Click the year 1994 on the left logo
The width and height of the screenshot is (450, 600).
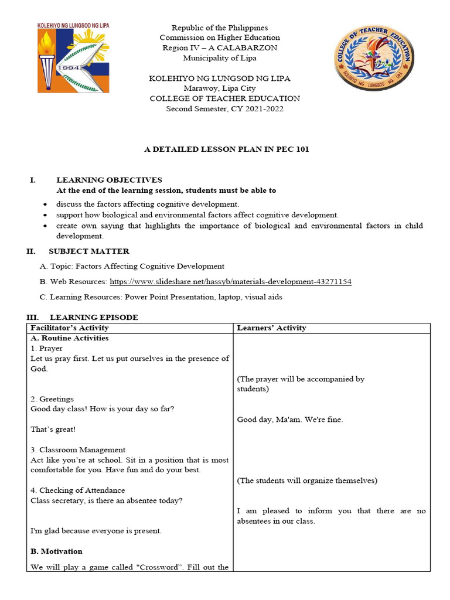(x=54, y=67)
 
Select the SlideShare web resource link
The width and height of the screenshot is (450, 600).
(x=231, y=282)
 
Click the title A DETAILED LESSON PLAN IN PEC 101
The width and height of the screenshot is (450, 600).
(x=227, y=149)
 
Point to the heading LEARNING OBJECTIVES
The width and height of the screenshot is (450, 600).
(x=109, y=180)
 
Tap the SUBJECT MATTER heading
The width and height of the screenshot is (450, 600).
(x=89, y=251)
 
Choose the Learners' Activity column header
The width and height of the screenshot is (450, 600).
(x=271, y=328)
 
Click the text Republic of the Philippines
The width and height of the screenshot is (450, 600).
(x=220, y=28)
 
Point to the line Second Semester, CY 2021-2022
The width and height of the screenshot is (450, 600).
(x=225, y=109)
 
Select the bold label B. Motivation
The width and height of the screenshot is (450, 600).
(x=56, y=551)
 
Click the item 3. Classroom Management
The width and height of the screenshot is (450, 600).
(x=78, y=450)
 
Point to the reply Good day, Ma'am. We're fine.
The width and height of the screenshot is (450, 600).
(x=290, y=420)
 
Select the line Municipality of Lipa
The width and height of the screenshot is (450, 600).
(x=220, y=58)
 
